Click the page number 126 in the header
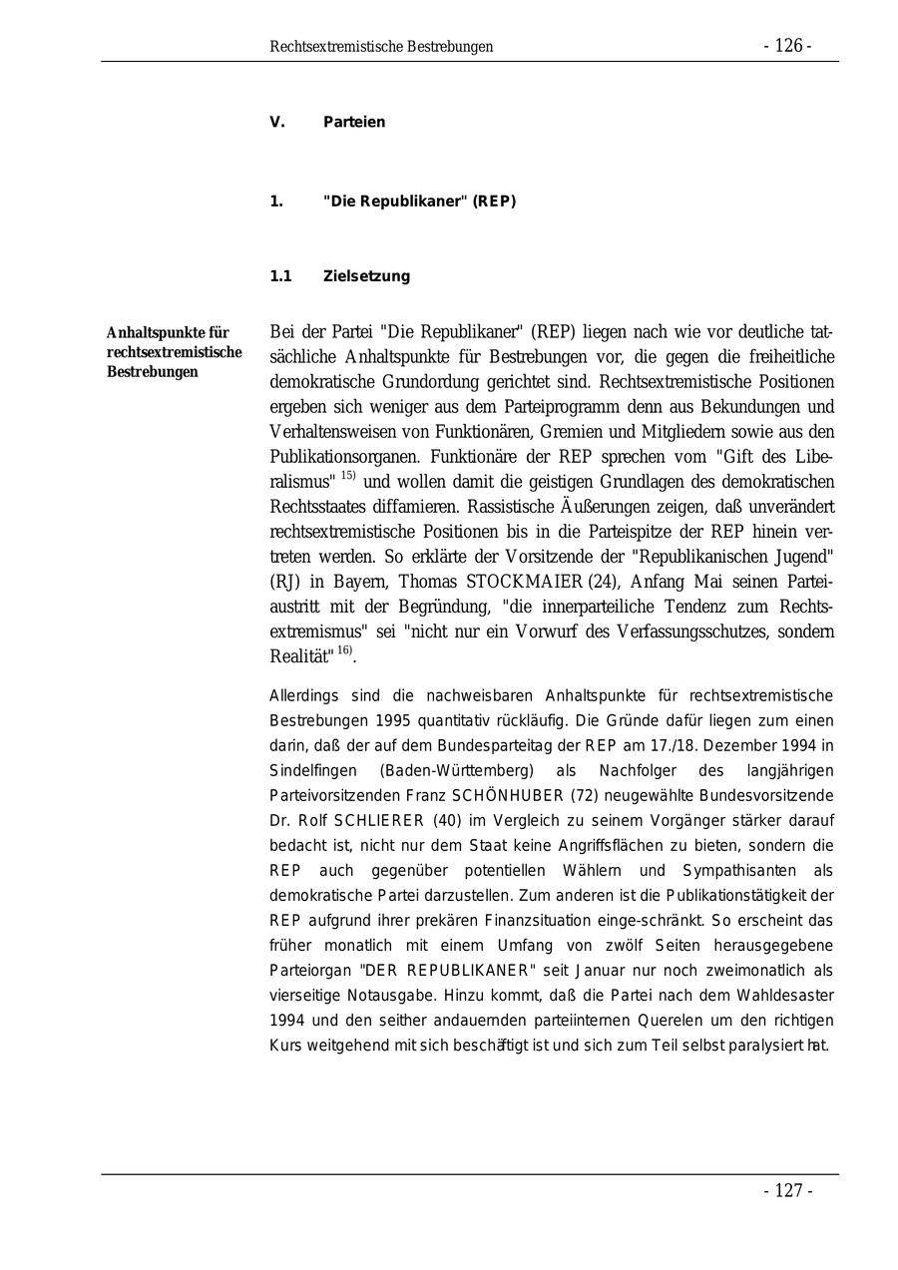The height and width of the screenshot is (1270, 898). point(788,46)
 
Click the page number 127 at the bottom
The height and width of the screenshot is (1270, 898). point(788,1190)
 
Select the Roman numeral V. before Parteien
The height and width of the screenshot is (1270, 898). point(277,123)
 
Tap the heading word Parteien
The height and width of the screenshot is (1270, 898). point(354,123)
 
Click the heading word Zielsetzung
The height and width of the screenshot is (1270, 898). point(366,276)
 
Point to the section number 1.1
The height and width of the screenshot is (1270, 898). point(280,276)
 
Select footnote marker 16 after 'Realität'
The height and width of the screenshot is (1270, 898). point(344,650)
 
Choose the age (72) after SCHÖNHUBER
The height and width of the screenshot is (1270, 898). point(585,796)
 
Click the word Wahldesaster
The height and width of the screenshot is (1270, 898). point(786,996)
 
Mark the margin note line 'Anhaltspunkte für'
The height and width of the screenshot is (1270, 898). point(168,333)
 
